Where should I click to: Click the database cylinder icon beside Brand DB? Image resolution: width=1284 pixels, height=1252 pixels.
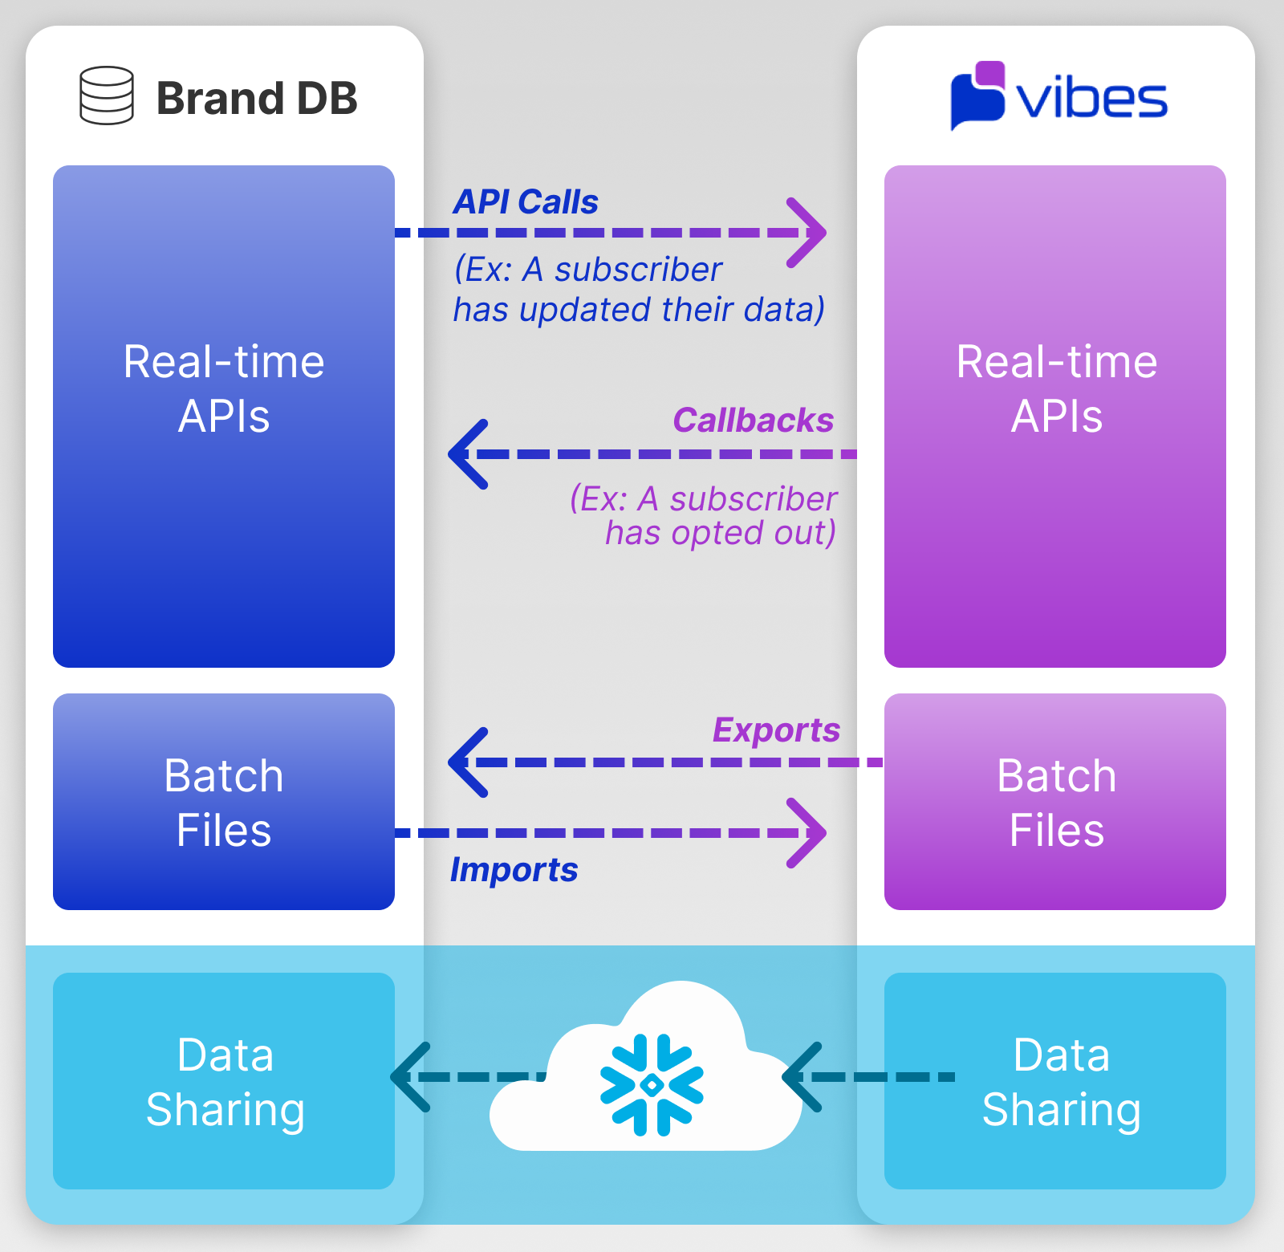click(x=107, y=96)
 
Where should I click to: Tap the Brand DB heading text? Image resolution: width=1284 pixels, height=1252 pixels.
click(x=257, y=99)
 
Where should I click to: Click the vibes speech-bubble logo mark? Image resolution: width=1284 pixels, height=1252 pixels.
click(x=977, y=95)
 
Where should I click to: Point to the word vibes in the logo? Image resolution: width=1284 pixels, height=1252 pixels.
click(x=1091, y=100)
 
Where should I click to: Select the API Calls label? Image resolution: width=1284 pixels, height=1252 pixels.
click(x=526, y=202)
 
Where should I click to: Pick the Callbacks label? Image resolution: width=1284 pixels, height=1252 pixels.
click(x=753, y=421)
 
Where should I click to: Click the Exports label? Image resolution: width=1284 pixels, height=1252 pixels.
click(x=776, y=730)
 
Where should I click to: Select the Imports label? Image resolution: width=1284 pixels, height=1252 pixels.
click(x=514, y=870)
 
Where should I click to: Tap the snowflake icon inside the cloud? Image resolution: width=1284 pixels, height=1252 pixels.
click(x=652, y=1085)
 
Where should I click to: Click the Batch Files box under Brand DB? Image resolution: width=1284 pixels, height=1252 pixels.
click(x=224, y=802)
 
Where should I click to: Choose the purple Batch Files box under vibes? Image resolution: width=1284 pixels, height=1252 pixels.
click(x=1055, y=802)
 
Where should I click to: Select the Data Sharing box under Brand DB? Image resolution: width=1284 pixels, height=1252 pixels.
click(x=224, y=1081)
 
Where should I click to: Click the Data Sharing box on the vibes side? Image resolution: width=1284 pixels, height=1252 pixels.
click(x=1055, y=1081)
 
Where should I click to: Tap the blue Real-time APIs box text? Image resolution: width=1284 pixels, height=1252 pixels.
click(x=224, y=388)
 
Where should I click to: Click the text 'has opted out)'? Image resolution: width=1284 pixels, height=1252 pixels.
click(x=720, y=533)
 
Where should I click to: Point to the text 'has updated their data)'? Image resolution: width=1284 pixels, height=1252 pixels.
click(x=639, y=310)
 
